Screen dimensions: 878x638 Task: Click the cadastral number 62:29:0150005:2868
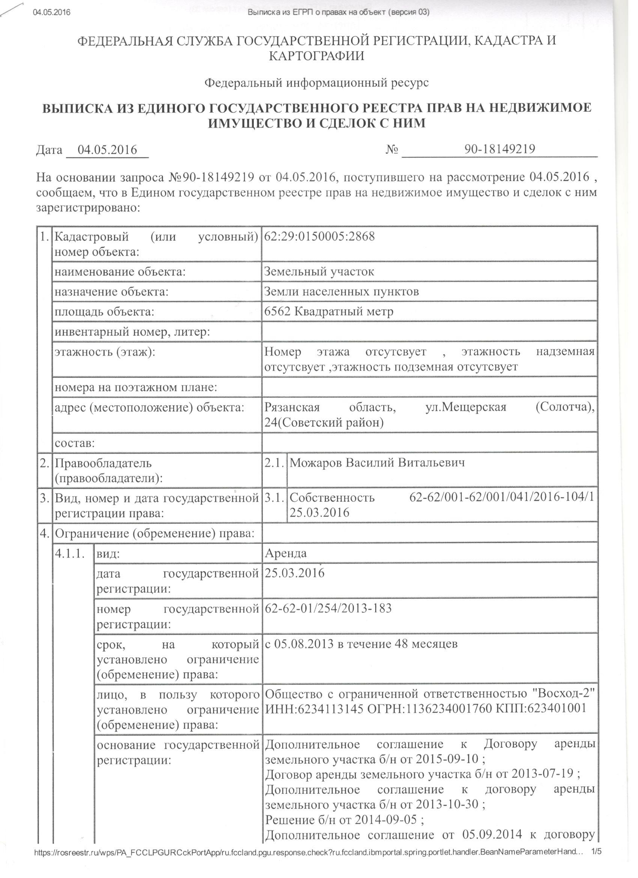click(319, 236)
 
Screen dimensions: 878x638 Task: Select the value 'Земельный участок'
click(319, 272)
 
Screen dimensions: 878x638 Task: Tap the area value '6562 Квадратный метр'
click(328, 311)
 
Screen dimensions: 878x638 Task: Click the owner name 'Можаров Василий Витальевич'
click(377, 463)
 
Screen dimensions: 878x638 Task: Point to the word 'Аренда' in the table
click(286, 553)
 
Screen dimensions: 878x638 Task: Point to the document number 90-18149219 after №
click(500, 149)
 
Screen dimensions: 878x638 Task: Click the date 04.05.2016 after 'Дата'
click(108, 150)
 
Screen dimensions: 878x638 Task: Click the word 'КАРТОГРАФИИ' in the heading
click(316, 57)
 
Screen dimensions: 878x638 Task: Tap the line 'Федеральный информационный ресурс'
click(316, 83)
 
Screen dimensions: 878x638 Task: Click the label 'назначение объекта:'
click(111, 291)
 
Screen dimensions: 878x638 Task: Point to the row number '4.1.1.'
click(70, 554)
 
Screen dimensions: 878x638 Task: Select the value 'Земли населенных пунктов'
click(341, 291)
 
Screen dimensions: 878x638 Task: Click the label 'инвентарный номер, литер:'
click(132, 332)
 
